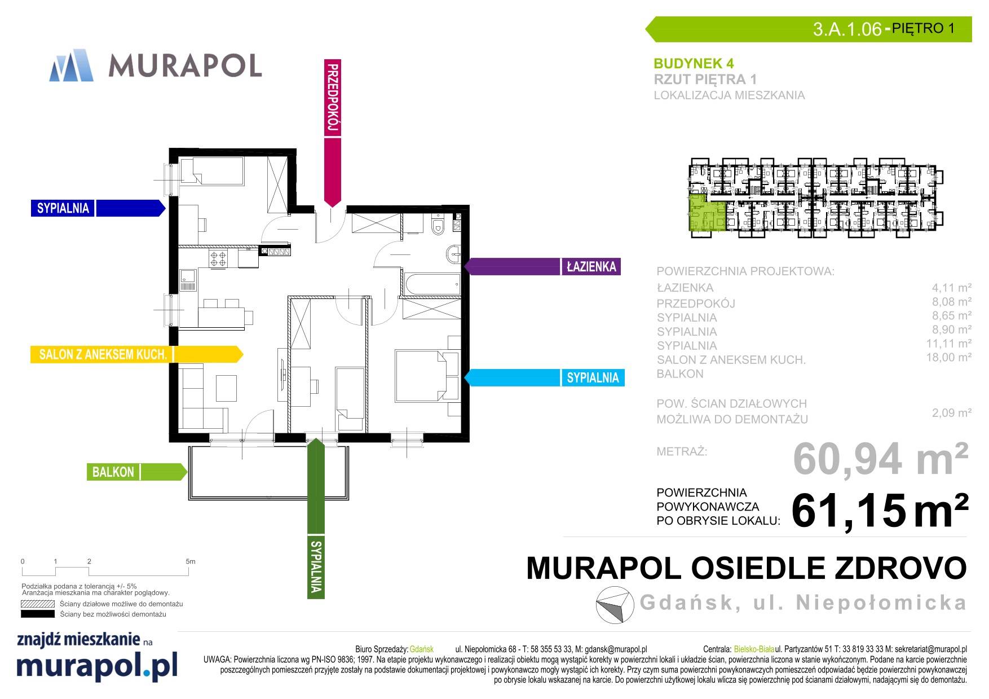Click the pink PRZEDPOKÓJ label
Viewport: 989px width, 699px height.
[333, 98]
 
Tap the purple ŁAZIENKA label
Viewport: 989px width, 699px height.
[591, 267]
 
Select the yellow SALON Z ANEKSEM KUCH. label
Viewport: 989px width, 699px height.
[102, 354]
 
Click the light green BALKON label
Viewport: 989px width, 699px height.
[113, 472]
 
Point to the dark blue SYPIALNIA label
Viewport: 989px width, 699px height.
[63, 208]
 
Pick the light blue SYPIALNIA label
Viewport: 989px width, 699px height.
[593, 377]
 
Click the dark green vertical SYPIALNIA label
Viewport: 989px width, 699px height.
[316, 566]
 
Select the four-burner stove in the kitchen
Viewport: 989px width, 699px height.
[219, 259]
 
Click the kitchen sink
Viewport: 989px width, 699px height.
[188, 280]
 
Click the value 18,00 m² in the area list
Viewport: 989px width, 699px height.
[948, 357]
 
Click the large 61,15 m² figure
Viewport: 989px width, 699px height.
[880, 509]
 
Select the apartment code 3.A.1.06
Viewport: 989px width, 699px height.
[847, 29]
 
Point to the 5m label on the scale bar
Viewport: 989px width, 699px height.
[190, 561]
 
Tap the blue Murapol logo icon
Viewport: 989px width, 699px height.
[72, 65]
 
